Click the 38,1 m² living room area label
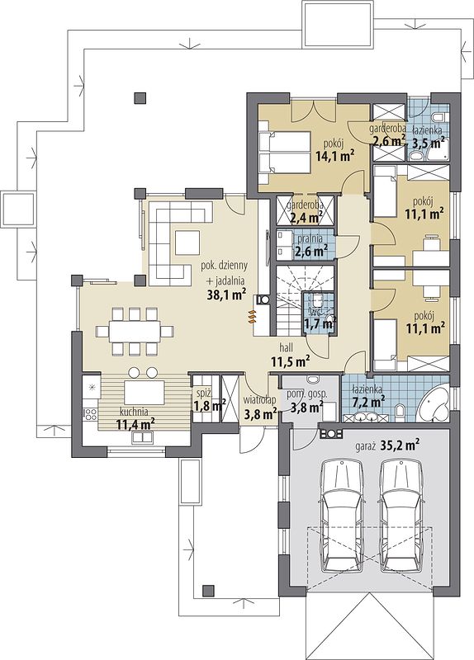226,295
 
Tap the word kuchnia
133,411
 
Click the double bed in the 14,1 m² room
284,152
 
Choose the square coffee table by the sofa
187,242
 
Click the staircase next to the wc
291,300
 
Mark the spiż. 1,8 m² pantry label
209,401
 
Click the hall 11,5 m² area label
291,355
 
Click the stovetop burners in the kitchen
90,413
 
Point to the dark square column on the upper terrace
140,98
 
